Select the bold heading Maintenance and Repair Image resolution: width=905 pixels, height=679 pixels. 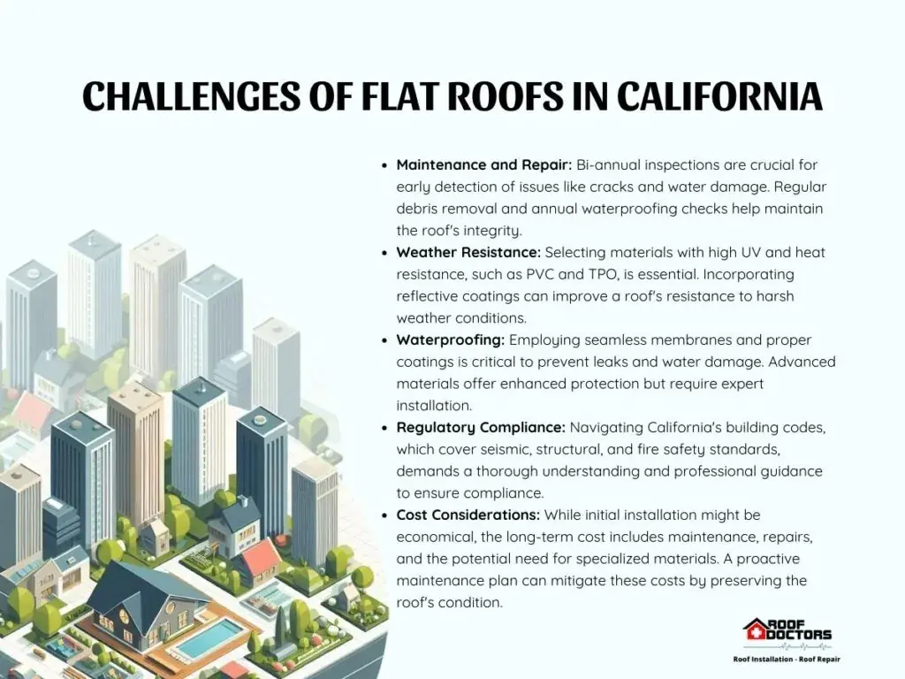[483, 164]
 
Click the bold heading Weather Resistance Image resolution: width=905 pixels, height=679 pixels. [468, 252]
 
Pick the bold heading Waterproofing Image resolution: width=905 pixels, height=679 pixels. [450, 340]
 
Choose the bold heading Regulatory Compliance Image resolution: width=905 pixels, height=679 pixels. [480, 428]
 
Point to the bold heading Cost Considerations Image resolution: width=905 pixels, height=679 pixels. [468, 515]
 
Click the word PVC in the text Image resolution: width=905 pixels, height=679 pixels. [541, 274]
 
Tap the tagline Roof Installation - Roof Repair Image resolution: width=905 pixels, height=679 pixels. [787, 660]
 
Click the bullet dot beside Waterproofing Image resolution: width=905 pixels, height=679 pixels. [385, 340]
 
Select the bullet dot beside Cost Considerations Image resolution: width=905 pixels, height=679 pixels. [385, 515]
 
